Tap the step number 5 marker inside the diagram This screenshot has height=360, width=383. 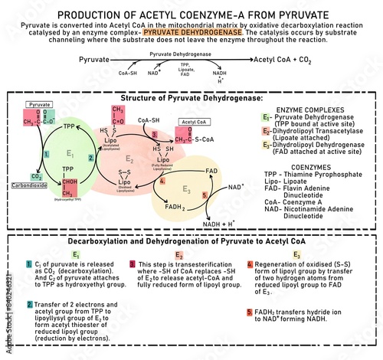(205, 197)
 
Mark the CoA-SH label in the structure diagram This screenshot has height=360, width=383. (148, 119)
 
